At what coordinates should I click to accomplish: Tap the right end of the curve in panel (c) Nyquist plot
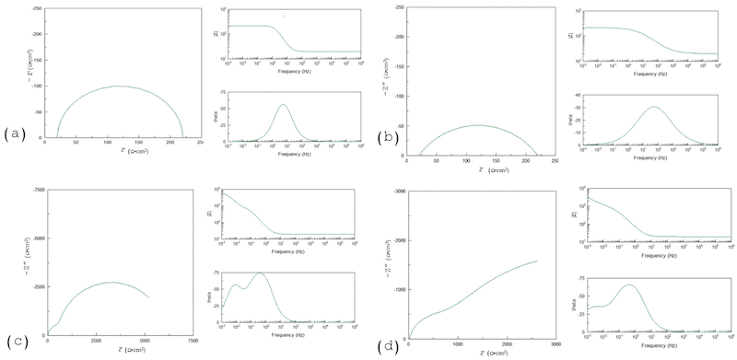[148, 296]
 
